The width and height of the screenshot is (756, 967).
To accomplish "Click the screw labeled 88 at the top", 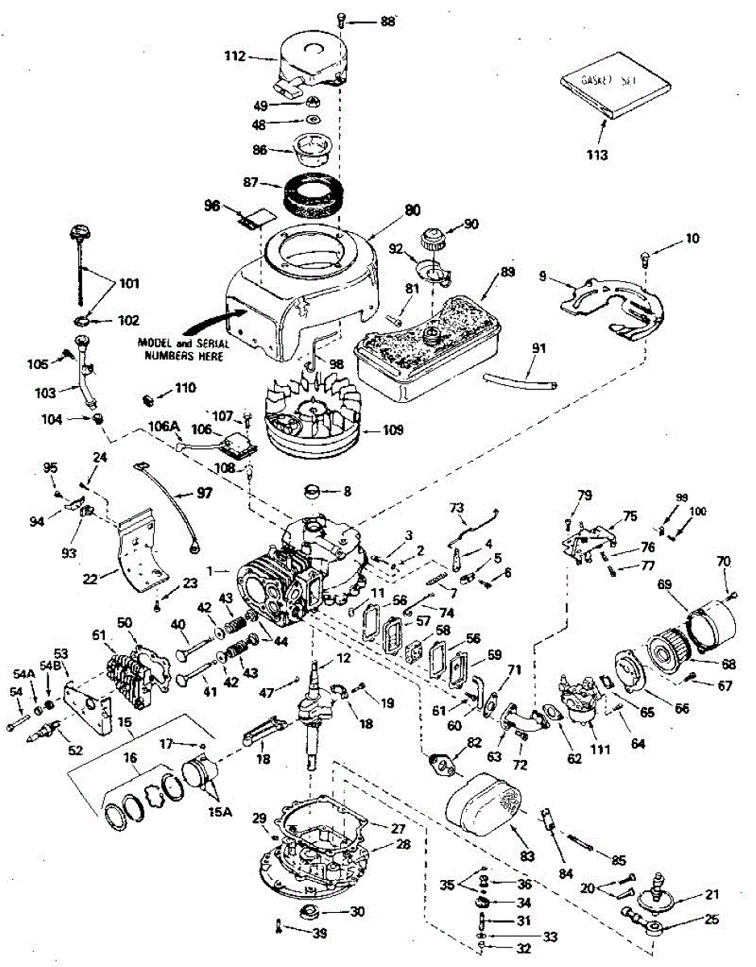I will (343, 20).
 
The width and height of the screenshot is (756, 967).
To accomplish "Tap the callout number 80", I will (412, 211).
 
